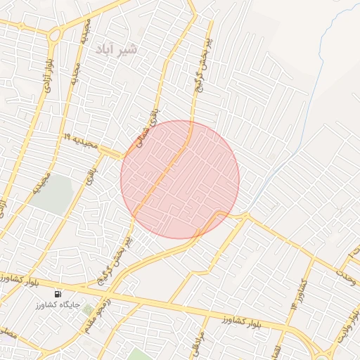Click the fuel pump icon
[57, 294]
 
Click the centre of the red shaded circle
[180, 180]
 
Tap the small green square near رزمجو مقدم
[87, 309]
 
